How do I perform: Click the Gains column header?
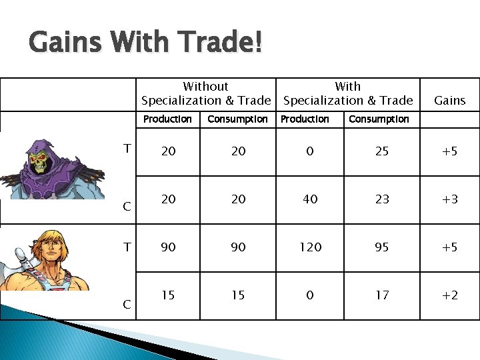450,101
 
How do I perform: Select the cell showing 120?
310,247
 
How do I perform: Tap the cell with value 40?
310,199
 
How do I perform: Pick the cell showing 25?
381,151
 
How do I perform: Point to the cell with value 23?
381,199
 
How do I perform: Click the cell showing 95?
381,247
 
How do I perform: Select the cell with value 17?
381,295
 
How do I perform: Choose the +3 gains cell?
450,199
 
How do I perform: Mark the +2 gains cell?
450,295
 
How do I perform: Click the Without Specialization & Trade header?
206,94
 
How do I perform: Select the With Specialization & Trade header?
348,94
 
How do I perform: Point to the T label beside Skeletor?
127,149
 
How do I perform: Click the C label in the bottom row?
127,305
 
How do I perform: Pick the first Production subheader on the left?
167,119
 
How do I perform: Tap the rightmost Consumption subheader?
379,119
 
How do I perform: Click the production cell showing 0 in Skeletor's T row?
310,151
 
